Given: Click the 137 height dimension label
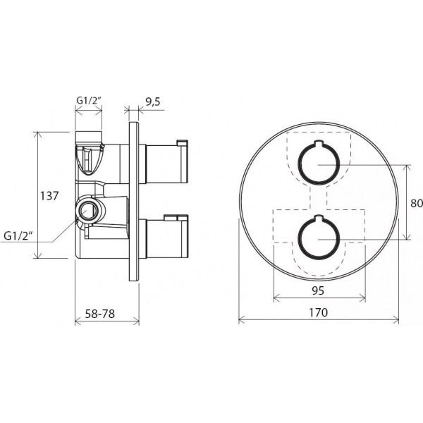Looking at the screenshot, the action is tap(49, 196).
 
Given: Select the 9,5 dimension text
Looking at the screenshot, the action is tap(153, 102).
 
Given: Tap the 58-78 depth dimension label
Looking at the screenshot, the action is tap(100, 314).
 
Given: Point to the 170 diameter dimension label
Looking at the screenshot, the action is tap(319, 312).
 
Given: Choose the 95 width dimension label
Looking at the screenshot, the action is tap(318, 290).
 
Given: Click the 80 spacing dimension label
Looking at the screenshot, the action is tap(417, 203).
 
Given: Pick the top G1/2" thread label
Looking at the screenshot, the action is tap(89, 100).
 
